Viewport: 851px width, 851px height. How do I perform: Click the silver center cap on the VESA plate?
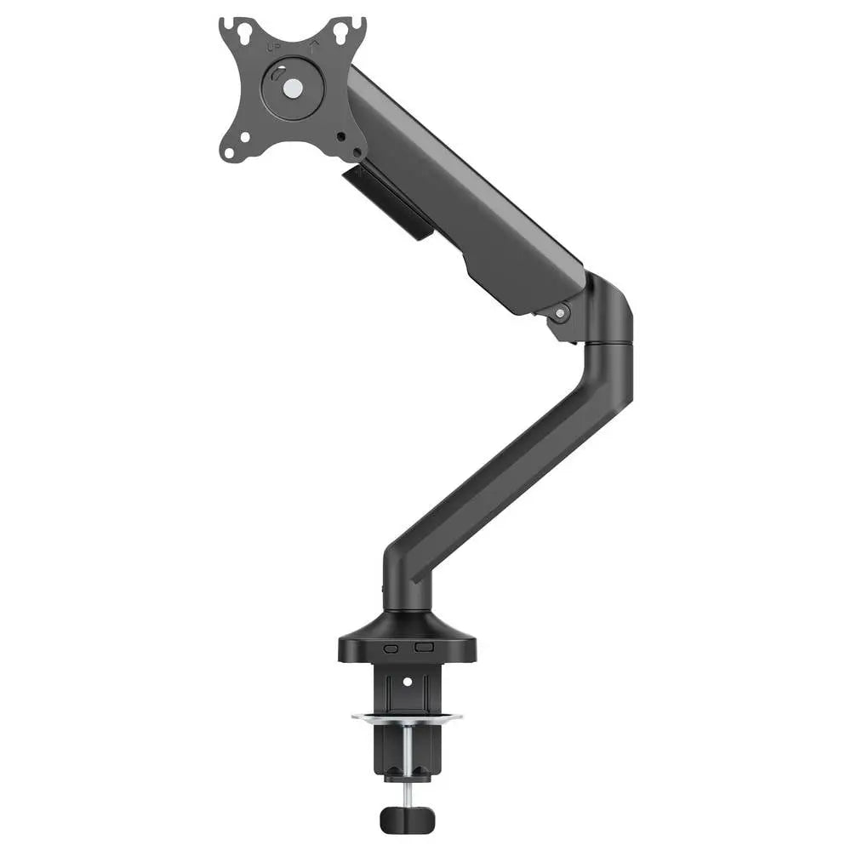293,87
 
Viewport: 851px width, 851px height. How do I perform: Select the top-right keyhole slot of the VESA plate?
342,32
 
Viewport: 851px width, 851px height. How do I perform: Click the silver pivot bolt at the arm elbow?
560,313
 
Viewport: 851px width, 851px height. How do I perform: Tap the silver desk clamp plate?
407,717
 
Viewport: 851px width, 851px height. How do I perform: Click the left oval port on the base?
391,648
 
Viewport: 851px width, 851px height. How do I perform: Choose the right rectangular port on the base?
423,648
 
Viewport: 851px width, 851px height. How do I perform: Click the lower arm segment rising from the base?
502,477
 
